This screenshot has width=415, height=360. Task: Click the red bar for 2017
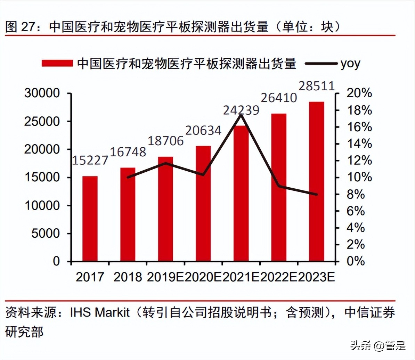(x=90, y=219)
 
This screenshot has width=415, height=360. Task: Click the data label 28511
(x=317, y=86)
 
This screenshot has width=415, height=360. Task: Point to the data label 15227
(x=90, y=160)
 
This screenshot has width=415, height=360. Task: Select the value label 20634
(x=203, y=130)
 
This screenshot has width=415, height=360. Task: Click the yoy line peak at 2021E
(x=241, y=115)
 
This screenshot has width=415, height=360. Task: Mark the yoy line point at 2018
(x=128, y=177)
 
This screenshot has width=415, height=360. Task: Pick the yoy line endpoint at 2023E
(x=316, y=194)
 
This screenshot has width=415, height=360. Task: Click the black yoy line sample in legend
(x=320, y=64)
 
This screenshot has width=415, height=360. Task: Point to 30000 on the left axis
(x=42, y=93)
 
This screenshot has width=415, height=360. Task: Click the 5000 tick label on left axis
(x=46, y=234)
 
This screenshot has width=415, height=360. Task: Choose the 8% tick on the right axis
(x=356, y=194)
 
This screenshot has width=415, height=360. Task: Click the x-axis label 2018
(x=128, y=277)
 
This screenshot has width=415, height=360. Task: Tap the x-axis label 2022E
(x=278, y=277)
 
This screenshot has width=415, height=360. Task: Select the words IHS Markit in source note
(x=100, y=312)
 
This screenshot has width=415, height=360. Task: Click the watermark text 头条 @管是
(x=378, y=345)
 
